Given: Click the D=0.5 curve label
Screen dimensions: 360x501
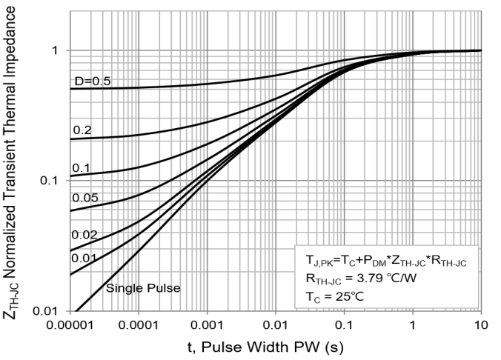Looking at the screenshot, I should pyautogui.click(x=91, y=81).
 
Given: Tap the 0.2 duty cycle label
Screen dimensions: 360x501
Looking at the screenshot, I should pyautogui.click(x=82, y=130).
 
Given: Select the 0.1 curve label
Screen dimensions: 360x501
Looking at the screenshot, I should pyautogui.click(x=82, y=169).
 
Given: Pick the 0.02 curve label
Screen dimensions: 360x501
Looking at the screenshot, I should pyautogui.click(x=85, y=234).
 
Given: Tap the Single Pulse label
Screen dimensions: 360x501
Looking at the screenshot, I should pyautogui.click(x=142, y=288).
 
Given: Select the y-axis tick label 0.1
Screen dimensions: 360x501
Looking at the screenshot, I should pyautogui.click(x=49, y=181).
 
